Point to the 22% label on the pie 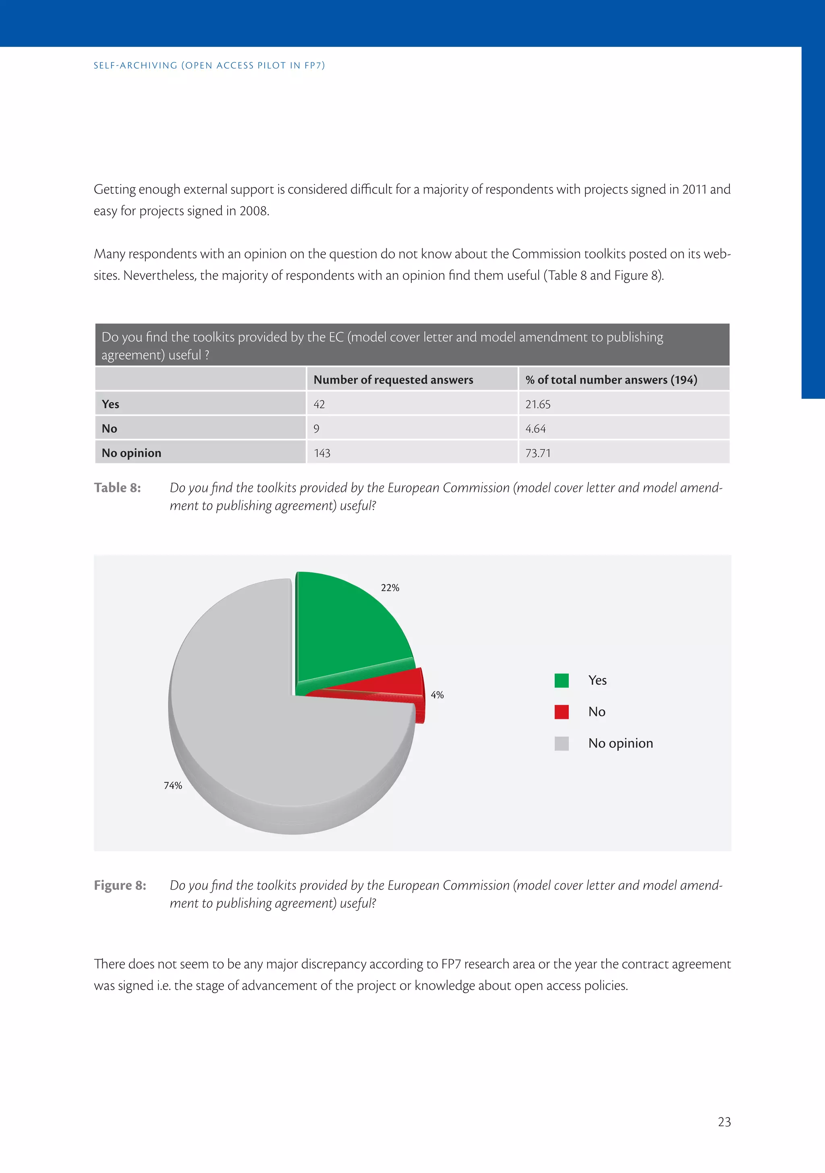pyautogui.click(x=390, y=588)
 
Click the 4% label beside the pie pyautogui.click(x=437, y=695)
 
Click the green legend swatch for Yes pyautogui.click(x=562, y=681)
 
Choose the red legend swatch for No pyautogui.click(x=562, y=712)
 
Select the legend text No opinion pyautogui.click(x=620, y=743)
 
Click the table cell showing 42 pyautogui.click(x=319, y=404)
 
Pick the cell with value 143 pyautogui.click(x=322, y=453)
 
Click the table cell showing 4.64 pyautogui.click(x=535, y=429)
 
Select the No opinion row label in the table pyautogui.click(x=131, y=453)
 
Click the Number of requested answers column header pyautogui.click(x=393, y=379)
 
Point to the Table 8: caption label pyautogui.click(x=117, y=488)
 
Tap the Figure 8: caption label pyautogui.click(x=120, y=885)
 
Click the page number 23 pyautogui.click(x=724, y=1122)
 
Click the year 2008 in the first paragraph pyautogui.click(x=254, y=211)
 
